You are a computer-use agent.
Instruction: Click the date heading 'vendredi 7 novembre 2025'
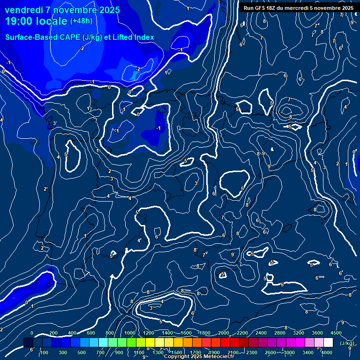point(62,10)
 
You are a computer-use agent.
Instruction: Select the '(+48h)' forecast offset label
point(81,21)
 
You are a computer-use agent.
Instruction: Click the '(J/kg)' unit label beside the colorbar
point(347,343)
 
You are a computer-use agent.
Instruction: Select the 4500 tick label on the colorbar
point(336,333)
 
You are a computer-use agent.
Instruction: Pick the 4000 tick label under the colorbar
point(327,352)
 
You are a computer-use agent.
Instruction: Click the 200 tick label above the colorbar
point(53,333)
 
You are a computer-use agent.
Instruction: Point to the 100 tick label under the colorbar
point(44,352)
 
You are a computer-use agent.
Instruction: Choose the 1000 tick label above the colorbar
point(129,333)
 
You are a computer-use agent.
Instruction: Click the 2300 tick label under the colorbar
point(251,352)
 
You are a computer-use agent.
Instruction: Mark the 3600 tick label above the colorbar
point(317,333)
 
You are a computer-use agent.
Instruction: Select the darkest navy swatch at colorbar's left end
point(28,343)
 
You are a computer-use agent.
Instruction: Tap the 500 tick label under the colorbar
point(82,352)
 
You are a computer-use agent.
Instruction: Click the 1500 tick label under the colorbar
point(176,352)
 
